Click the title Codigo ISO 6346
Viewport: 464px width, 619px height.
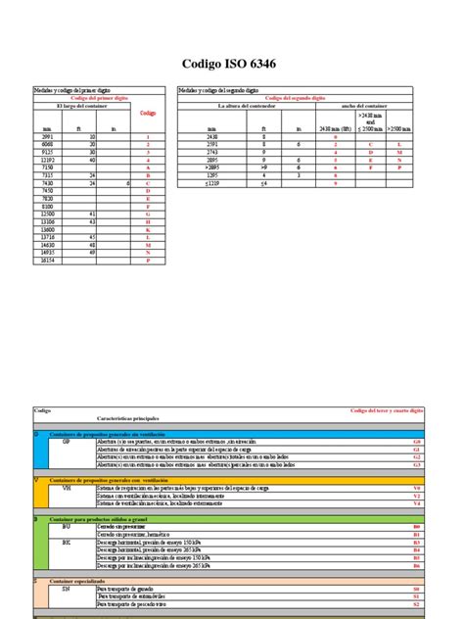(232, 65)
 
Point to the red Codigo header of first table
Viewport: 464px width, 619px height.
(148, 114)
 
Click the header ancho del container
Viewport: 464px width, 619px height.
(367, 106)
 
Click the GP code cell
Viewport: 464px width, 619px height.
(67, 442)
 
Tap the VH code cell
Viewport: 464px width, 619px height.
(67, 487)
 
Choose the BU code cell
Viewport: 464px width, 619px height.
(67, 526)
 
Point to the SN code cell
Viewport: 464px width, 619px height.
(67, 588)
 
